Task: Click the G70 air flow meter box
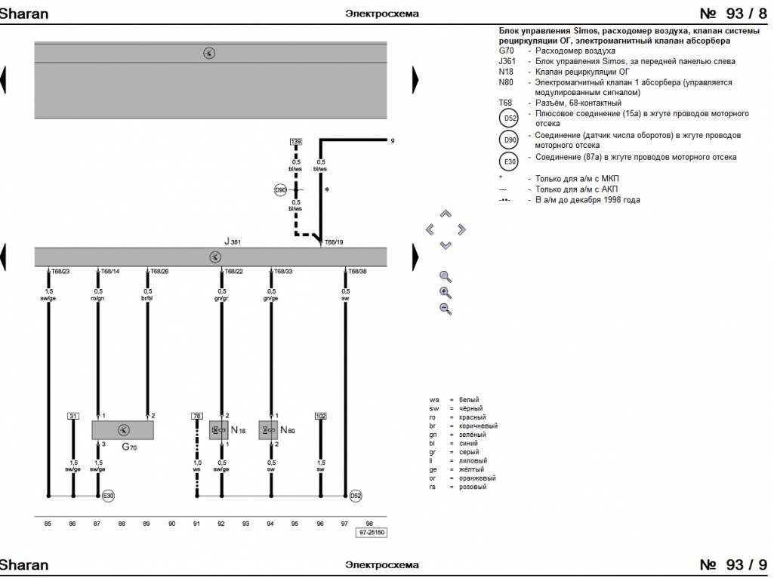123,430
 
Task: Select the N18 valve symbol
219,430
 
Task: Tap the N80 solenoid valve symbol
268,430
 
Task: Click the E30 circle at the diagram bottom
109,496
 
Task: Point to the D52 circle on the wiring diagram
356,496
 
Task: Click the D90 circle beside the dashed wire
281,190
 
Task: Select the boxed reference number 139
296,142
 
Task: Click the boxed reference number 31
73,416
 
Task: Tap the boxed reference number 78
197,416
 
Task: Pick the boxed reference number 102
321,416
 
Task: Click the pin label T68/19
335,243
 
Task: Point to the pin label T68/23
60,271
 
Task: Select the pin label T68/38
358,271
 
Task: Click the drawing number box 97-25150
372,533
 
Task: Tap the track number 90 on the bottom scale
172,522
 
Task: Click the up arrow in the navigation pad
446,214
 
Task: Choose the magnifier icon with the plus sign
446,293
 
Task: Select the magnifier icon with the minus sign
446,309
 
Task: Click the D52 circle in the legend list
510,118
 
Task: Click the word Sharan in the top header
24,14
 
